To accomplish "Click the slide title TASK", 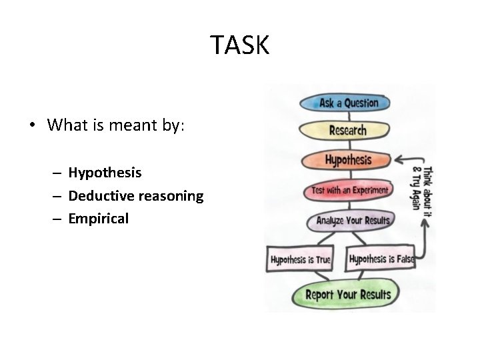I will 240,45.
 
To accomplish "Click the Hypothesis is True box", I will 301,259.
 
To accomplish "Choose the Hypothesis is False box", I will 381,259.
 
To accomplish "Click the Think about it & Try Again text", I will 421,188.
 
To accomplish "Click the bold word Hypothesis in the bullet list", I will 105,173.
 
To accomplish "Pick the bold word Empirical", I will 98,219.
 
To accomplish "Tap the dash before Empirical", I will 58,219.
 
